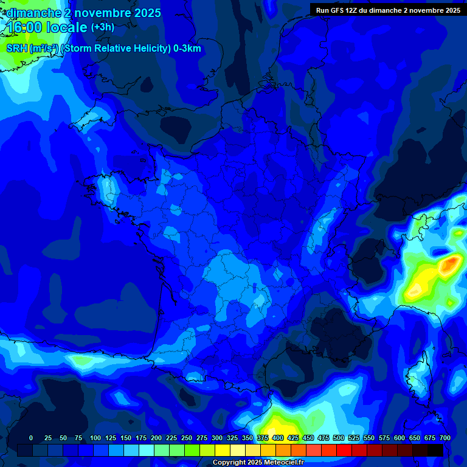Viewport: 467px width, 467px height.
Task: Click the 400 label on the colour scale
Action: [x=278, y=438]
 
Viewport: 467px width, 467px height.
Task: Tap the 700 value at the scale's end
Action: [x=445, y=438]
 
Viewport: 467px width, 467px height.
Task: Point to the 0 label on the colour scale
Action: [x=31, y=438]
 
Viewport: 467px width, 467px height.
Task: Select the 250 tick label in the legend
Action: [x=187, y=438]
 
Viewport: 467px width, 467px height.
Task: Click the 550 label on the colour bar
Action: [x=369, y=438]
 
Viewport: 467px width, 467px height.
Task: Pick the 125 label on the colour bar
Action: [x=111, y=438]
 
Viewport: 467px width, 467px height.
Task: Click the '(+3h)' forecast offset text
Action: [x=102, y=27]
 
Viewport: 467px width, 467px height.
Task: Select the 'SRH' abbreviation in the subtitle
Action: [x=16, y=49]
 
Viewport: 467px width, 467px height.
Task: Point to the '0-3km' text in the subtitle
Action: [x=187, y=49]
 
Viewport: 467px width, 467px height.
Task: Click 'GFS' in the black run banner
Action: [x=337, y=10]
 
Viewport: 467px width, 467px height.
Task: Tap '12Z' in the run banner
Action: [x=354, y=10]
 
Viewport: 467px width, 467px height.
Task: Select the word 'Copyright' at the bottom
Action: [x=230, y=462]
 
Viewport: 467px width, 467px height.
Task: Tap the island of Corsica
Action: [x=418, y=377]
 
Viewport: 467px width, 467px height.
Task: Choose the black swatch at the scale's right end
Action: [x=435, y=450]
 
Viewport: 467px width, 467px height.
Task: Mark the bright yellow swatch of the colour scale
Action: [x=223, y=450]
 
